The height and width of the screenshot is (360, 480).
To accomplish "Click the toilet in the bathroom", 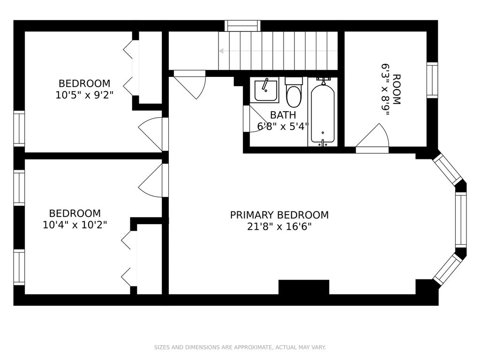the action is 294,92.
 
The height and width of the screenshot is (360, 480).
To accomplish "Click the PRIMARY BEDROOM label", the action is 279,215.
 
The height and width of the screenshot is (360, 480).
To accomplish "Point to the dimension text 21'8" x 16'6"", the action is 279,226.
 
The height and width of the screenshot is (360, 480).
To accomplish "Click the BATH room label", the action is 283,115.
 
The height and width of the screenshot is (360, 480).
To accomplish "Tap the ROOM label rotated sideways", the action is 397,89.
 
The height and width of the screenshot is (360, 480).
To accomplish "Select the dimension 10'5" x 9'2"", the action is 84,95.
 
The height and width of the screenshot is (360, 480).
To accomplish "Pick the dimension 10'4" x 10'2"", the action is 75,225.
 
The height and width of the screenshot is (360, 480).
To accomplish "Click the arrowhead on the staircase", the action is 222,51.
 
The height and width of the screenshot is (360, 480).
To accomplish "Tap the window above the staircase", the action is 242,26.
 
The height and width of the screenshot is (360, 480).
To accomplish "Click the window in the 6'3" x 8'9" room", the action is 432,80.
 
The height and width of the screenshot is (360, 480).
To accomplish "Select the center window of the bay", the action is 461,219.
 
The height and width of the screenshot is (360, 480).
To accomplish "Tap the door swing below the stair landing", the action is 189,84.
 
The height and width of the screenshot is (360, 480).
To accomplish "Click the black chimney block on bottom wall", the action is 304,287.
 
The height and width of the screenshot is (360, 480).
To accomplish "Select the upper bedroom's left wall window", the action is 19,128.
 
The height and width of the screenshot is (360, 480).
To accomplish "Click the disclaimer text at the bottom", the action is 240,347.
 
